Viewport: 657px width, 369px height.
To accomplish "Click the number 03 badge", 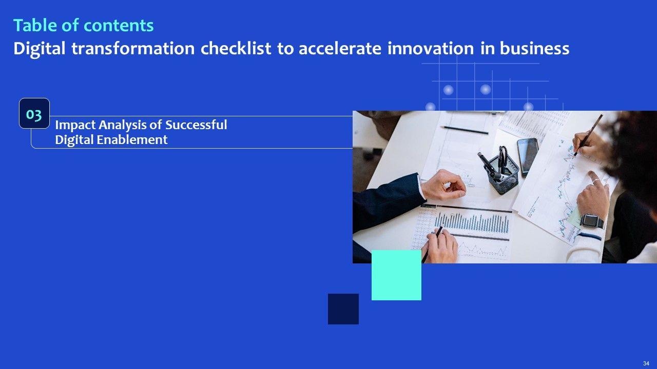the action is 34,113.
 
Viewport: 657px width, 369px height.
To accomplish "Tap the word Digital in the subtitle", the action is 40,49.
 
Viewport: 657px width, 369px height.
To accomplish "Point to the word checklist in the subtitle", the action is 236,48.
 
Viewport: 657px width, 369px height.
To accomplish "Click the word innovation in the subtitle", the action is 431,48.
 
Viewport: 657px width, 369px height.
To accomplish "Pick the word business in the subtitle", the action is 534,48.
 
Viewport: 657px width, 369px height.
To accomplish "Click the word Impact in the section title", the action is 75,126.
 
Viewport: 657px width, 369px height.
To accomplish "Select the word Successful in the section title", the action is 196,125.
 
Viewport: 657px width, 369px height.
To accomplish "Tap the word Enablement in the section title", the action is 132,140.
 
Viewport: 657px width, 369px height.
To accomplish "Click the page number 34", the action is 646,363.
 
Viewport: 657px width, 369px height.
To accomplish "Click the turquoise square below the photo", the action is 396,275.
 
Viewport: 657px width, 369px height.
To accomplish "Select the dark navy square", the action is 343,309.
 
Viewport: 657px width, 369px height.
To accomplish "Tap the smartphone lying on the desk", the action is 527,157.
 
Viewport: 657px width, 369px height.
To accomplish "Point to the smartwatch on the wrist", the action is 592,221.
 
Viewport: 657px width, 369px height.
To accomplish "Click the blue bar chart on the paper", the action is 471,223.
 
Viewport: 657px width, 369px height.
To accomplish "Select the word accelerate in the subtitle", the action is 340,49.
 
